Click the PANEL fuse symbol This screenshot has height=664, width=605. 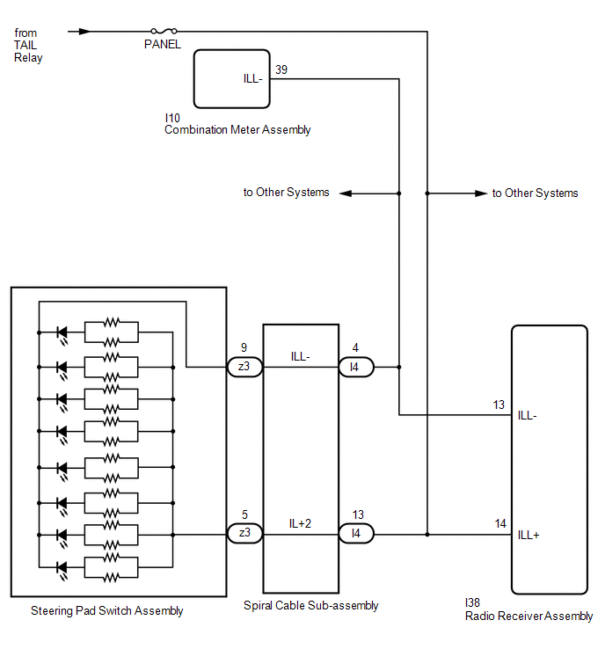[x=164, y=31]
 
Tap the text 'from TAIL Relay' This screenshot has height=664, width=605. [x=28, y=46]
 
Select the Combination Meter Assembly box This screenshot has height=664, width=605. [x=231, y=79]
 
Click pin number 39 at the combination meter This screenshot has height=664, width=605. [x=281, y=69]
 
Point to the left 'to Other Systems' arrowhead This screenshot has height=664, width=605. [x=346, y=193]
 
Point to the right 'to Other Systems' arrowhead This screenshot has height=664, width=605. [x=481, y=193]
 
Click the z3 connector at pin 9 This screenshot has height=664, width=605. [x=244, y=367]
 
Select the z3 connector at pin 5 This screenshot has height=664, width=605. [x=244, y=534]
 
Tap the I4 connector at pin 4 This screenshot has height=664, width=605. [x=356, y=367]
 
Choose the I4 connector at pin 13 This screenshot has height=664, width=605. [x=356, y=534]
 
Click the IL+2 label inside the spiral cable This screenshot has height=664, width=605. [x=300, y=524]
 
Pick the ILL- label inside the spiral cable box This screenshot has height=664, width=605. [x=300, y=356]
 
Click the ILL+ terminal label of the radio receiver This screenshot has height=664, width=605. [x=528, y=535]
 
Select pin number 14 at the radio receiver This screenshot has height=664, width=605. [x=500, y=524]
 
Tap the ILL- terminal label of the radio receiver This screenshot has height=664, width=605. [x=527, y=415]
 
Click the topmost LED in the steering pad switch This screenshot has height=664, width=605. [x=62, y=334]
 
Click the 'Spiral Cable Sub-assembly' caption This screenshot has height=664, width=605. [x=310, y=606]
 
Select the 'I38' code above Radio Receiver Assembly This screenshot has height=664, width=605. [x=472, y=602]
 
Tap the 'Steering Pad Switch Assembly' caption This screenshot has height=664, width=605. [x=106, y=611]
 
